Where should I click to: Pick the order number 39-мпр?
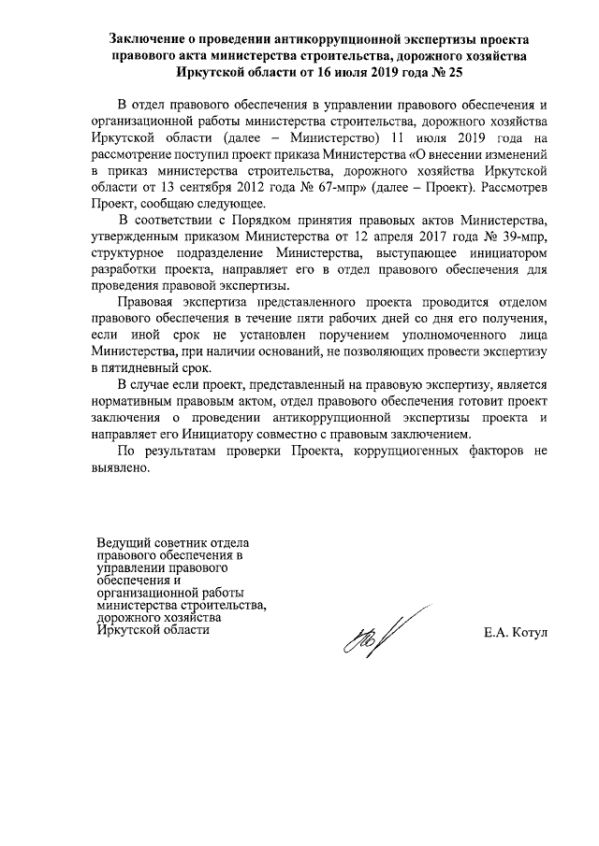coord(509,237)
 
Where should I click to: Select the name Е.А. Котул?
coord(515,635)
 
